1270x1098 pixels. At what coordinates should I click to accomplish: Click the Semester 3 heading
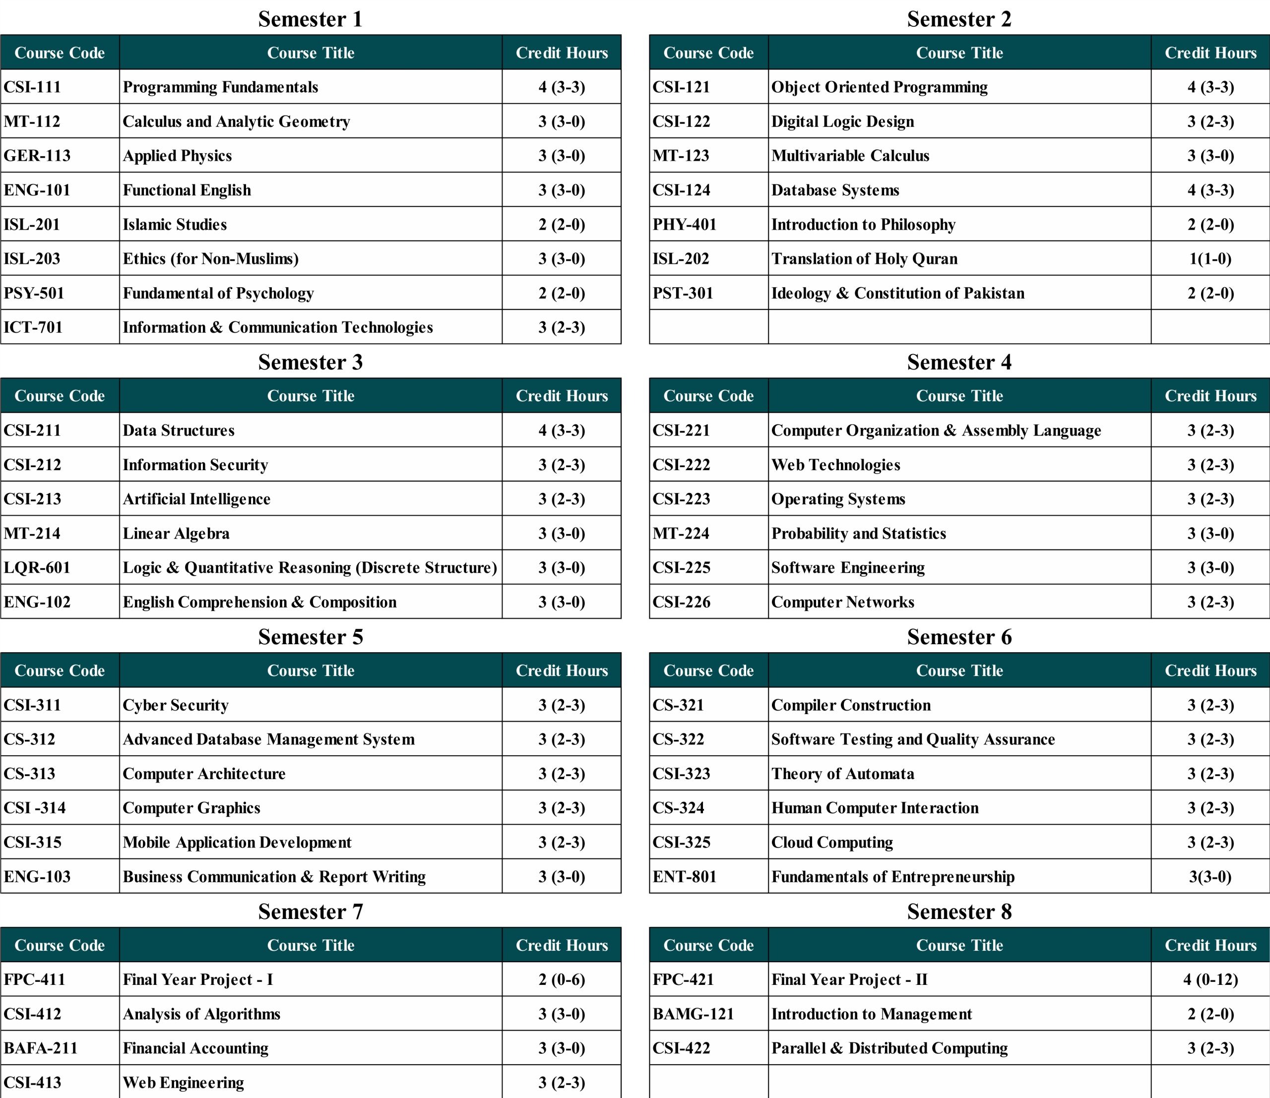coord(310,362)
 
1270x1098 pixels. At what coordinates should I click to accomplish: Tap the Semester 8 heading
coord(959,912)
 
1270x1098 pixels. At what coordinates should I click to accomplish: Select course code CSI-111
coord(32,87)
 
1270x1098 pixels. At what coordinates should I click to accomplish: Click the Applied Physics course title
coord(177,156)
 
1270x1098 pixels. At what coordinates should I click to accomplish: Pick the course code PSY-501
coord(34,293)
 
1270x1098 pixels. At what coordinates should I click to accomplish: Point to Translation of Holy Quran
coord(864,258)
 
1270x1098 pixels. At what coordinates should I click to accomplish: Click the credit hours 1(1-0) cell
coord(1210,258)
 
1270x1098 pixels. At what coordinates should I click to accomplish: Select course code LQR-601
coord(37,567)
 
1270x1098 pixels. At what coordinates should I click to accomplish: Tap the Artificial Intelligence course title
coord(196,499)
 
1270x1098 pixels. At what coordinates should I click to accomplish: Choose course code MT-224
coord(680,533)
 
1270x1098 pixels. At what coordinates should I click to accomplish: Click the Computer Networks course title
coord(843,602)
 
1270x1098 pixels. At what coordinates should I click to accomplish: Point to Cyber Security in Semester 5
coord(175,705)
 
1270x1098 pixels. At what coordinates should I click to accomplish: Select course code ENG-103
coord(37,876)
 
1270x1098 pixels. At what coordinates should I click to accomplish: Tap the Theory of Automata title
coord(843,773)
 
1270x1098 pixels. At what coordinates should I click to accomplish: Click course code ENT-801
coord(684,876)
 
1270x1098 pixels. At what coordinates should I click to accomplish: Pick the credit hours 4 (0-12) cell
coord(1210,979)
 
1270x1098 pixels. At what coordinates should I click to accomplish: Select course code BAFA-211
coord(41,1048)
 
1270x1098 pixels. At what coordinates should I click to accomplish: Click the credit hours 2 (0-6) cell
coord(562,979)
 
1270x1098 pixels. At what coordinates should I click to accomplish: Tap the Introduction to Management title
coord(872,1014)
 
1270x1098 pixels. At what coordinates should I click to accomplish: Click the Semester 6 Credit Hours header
coord(1210,671)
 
